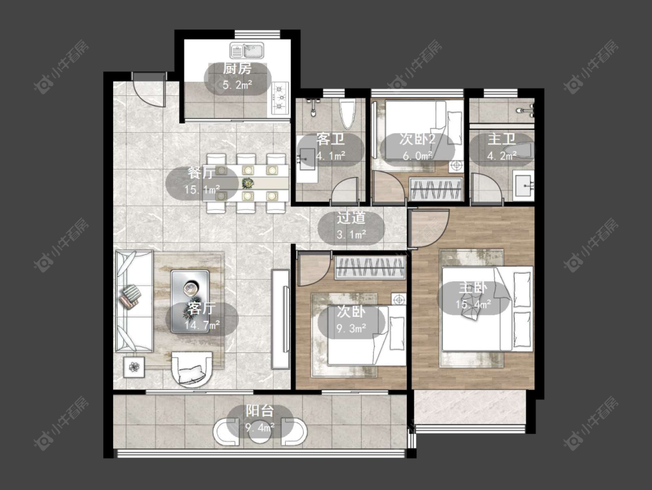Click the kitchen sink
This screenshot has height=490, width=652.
(247, 51)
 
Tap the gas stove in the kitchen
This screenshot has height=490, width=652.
(281, 98)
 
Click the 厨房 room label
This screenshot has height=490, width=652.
(238, 69)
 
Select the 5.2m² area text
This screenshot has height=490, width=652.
(238, 85)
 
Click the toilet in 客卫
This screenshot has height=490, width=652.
(348, 112)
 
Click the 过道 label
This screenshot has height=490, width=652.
(351, 218)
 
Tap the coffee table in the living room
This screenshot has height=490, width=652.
(190, 301)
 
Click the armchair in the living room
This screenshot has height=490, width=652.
(192, 369)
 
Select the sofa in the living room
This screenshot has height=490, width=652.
(134, 301)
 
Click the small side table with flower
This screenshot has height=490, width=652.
(134, 367)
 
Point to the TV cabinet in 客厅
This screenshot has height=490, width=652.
(281, 319)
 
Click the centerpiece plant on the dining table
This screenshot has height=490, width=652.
(248, 183)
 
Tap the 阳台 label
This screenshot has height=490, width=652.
(260, 411)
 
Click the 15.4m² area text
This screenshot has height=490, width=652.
(473, 304)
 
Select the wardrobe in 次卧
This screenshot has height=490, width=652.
(370, 267)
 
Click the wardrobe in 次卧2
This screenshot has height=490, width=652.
(436, 189)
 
